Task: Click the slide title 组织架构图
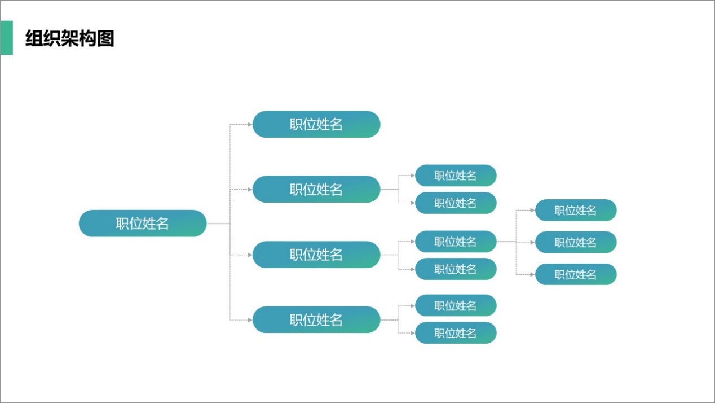[70, 38]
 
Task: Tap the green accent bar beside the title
[6, 38]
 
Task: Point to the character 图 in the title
[105, 38]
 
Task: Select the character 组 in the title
[34, 38]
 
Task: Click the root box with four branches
[143, 224]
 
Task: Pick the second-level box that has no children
[316, 124]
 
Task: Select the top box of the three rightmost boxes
[576, 211]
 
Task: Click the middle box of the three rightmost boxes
[576, 242]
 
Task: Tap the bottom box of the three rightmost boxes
[576, 274]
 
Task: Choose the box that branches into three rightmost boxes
[456, 242]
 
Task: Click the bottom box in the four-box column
[316, 319]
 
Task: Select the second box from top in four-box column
[316, 189]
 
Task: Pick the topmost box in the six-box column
[456, 176]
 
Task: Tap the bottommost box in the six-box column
[456, 333]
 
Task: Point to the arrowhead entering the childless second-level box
[250, 124]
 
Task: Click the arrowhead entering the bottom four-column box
[250, 320]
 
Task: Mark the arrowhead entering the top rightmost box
[532, 211]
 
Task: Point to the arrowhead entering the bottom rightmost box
[532, 274]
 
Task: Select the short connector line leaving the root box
[218, 224]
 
